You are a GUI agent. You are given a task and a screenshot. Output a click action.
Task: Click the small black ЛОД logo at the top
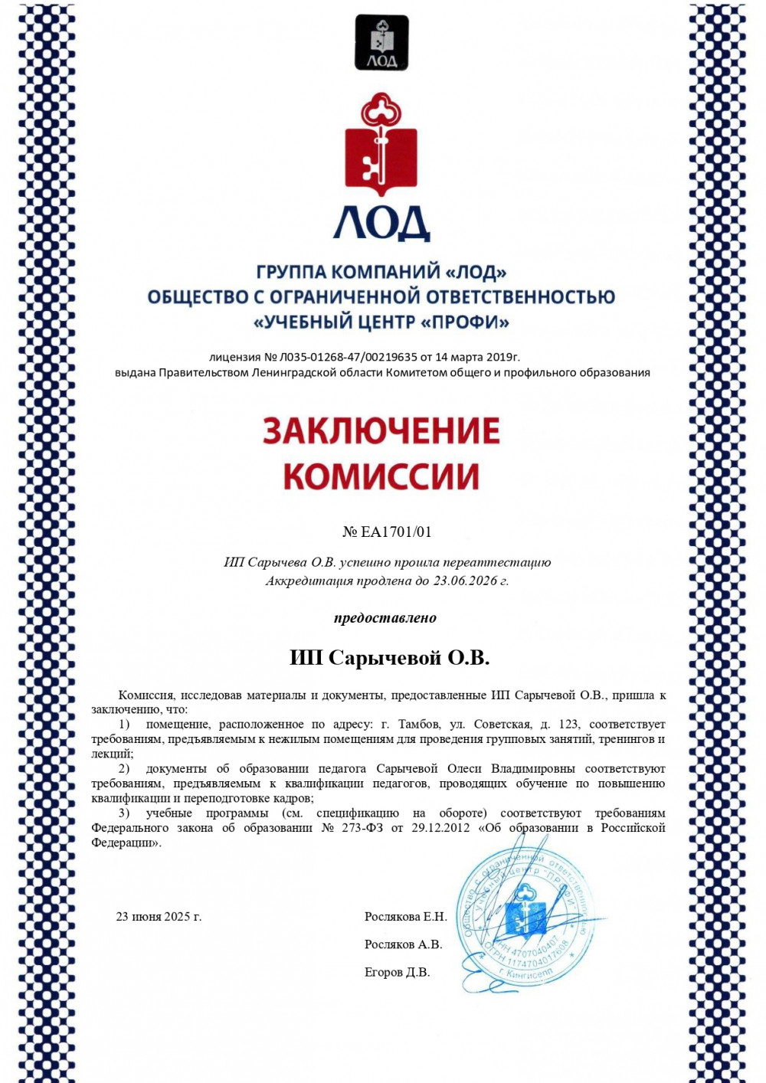click(381, 43)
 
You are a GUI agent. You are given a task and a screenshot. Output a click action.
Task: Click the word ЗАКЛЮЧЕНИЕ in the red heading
click(381, 431)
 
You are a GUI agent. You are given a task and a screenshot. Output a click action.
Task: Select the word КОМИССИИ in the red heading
click(381, 476)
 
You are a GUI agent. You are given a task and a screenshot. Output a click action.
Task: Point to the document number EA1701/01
click(396, 532)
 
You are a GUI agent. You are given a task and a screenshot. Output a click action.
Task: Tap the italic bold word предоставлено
click(385, 618)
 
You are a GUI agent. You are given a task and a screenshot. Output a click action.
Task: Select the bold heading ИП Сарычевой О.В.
click(389, 658)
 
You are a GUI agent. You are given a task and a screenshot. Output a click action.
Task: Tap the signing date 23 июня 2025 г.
click(159, 917)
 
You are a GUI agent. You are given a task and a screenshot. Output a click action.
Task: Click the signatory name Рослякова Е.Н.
click(405, 917)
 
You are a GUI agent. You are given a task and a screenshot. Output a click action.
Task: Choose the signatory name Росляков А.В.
click(403, 944)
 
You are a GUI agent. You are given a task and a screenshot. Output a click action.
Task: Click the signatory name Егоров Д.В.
click(397, 972)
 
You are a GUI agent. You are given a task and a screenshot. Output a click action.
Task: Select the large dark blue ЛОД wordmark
click(381, 224)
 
